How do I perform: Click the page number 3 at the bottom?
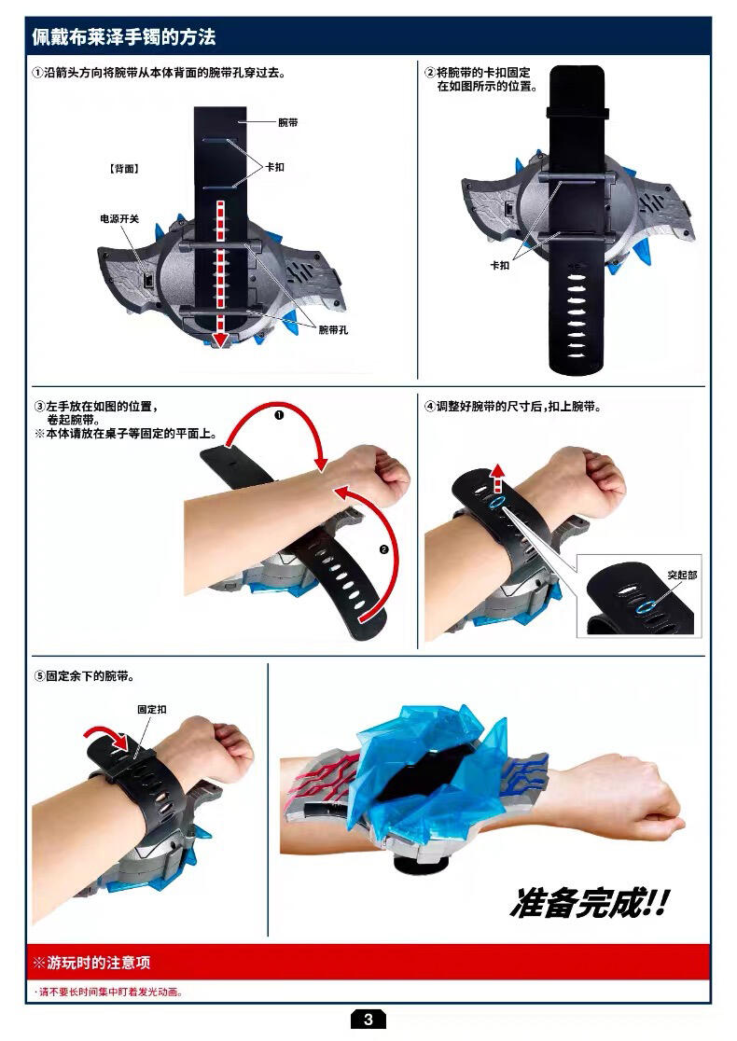pyautogui.click(x=368, y=1020)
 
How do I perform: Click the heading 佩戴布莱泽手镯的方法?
pyautogui.click(x=124, y=36)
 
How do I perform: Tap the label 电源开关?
pyautogui.click(x=119, y=218)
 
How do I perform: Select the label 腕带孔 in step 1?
pyautogui.click(x=333, y=330)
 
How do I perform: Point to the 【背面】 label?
pyautogui.click(x=124, y=169)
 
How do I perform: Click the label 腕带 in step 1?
pyautogui.click(x=288, y=123)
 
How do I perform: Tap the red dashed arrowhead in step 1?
pyautogui.click(x=220, y=340)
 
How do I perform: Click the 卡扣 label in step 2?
pyautogui.click(x=500, y=266)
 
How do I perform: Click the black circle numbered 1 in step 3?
pyautogui.click(x=279, y=416)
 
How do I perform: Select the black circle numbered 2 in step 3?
pyautogui.click(x=383, y=549)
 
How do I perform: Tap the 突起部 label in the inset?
pyautogui.click(x=683, y=575)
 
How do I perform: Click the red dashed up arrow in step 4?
pyautogui.click(x=498, y=478)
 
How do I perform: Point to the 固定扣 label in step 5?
pyautogui.click(x=152, y=710)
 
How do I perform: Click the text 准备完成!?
pyautogui.click(x=589, y=904)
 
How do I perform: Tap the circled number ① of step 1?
pyautogui.click(x=38, y=73)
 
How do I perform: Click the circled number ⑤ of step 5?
pyautogui.click(x=39, y=676)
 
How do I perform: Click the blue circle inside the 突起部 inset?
pyautogui.click(x=644, y=607)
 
